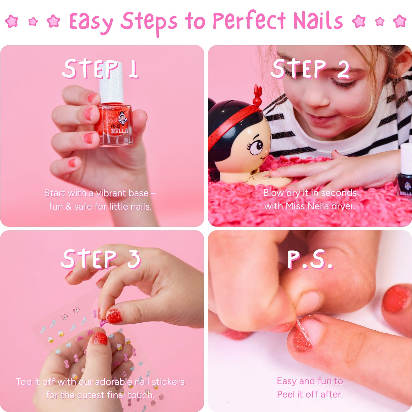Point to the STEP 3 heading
[101, 259]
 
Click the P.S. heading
[310, 259]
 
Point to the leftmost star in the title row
[12, 21]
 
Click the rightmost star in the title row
[400, 21]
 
